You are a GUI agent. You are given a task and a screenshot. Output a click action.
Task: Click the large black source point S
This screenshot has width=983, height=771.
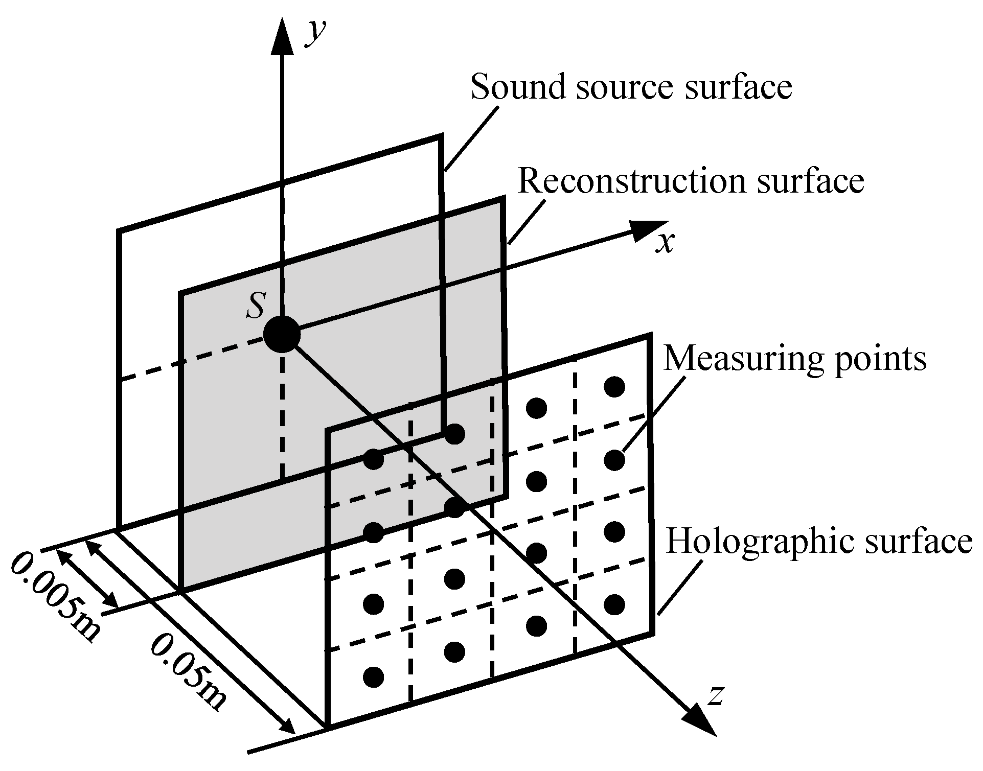[x=281, y=334]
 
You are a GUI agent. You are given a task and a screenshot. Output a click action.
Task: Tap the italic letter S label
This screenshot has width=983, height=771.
[x=255, y=306]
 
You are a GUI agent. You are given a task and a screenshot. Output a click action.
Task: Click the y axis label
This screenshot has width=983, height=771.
[x=315, y=34]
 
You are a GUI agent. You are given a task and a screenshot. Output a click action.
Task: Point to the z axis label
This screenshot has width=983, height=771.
[x=715, y=695]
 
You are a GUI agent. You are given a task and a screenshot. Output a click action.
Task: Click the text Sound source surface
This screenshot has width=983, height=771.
[x=631, y=86]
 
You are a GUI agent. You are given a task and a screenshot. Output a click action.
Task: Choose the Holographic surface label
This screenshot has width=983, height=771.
[x=819, y=541]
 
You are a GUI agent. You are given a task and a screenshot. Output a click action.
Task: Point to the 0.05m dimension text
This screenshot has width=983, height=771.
[x=188, y=671]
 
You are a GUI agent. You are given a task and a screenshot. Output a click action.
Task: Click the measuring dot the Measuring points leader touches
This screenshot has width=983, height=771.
[x=614, y=460]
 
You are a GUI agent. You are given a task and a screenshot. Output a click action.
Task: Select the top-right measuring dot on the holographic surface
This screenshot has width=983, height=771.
[x=614, y=386]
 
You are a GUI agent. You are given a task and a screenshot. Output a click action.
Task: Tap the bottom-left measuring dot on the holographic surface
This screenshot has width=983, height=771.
[x=373, y=677]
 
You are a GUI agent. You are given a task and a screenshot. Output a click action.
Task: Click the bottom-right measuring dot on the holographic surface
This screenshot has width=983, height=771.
[x=614, y=604]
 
